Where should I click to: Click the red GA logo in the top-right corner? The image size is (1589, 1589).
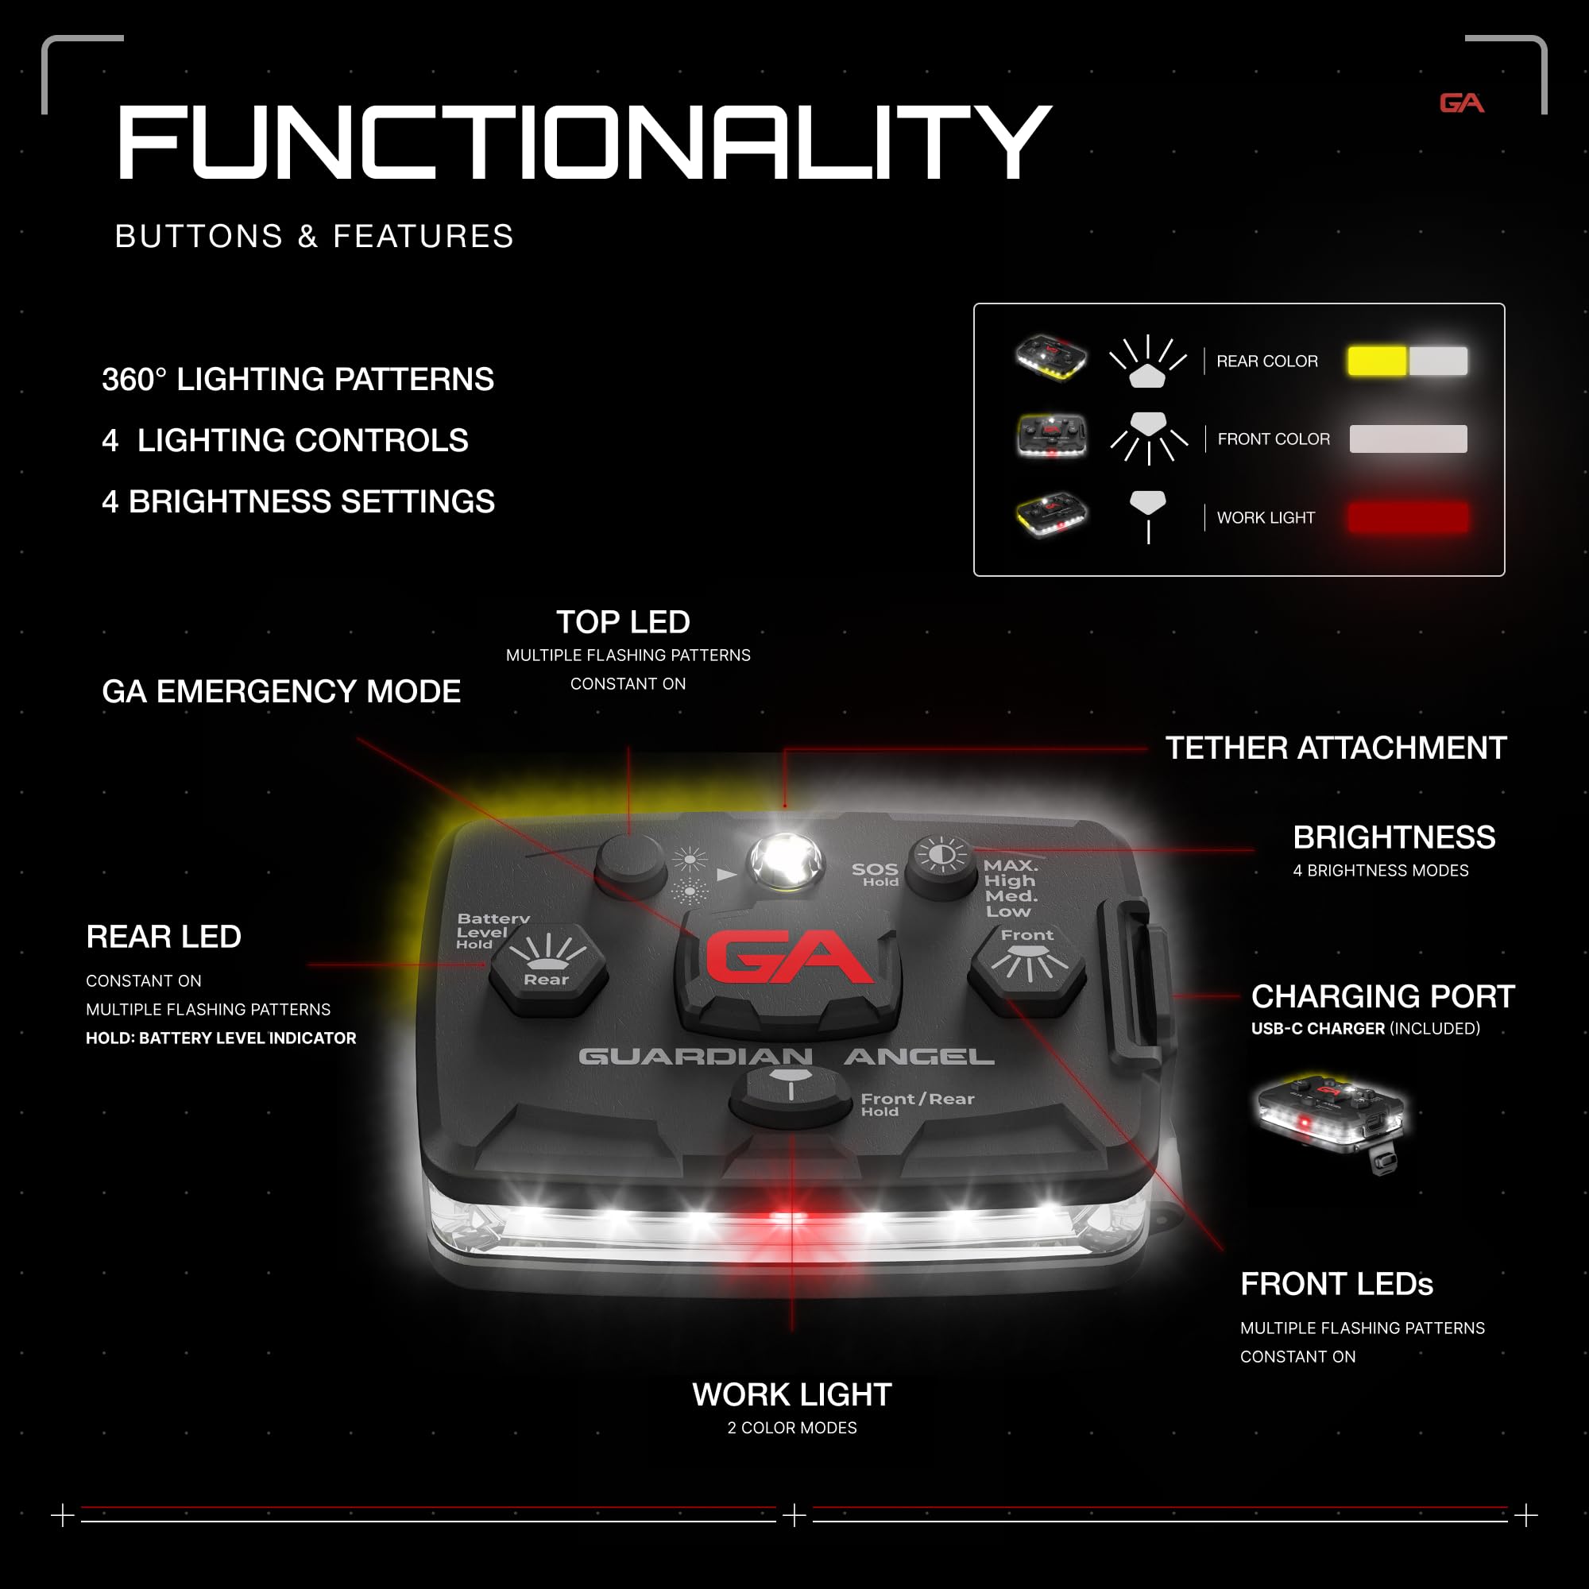(1462, 102)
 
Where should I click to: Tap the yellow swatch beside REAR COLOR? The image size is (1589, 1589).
(1377, 361)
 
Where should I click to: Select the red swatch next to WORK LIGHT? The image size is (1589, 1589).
(1408, 517)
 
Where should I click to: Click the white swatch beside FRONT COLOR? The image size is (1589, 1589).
(1408, 439)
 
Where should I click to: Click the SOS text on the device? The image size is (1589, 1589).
(874, 868)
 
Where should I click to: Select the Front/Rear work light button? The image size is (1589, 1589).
(791, 1095)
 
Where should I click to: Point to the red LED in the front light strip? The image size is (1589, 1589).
(788, 1216)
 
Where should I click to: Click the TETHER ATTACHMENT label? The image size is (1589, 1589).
(1336, 748)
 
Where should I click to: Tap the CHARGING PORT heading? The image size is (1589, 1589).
(1382, 996)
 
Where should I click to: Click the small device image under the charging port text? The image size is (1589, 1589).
(1330, 1122)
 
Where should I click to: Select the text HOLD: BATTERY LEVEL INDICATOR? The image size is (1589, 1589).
(221, 1038)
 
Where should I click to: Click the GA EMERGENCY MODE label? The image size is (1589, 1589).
(281, 692)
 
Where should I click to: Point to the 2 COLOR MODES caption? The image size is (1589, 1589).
(792, 1428)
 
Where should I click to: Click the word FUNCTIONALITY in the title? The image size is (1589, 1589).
(585, 142)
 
